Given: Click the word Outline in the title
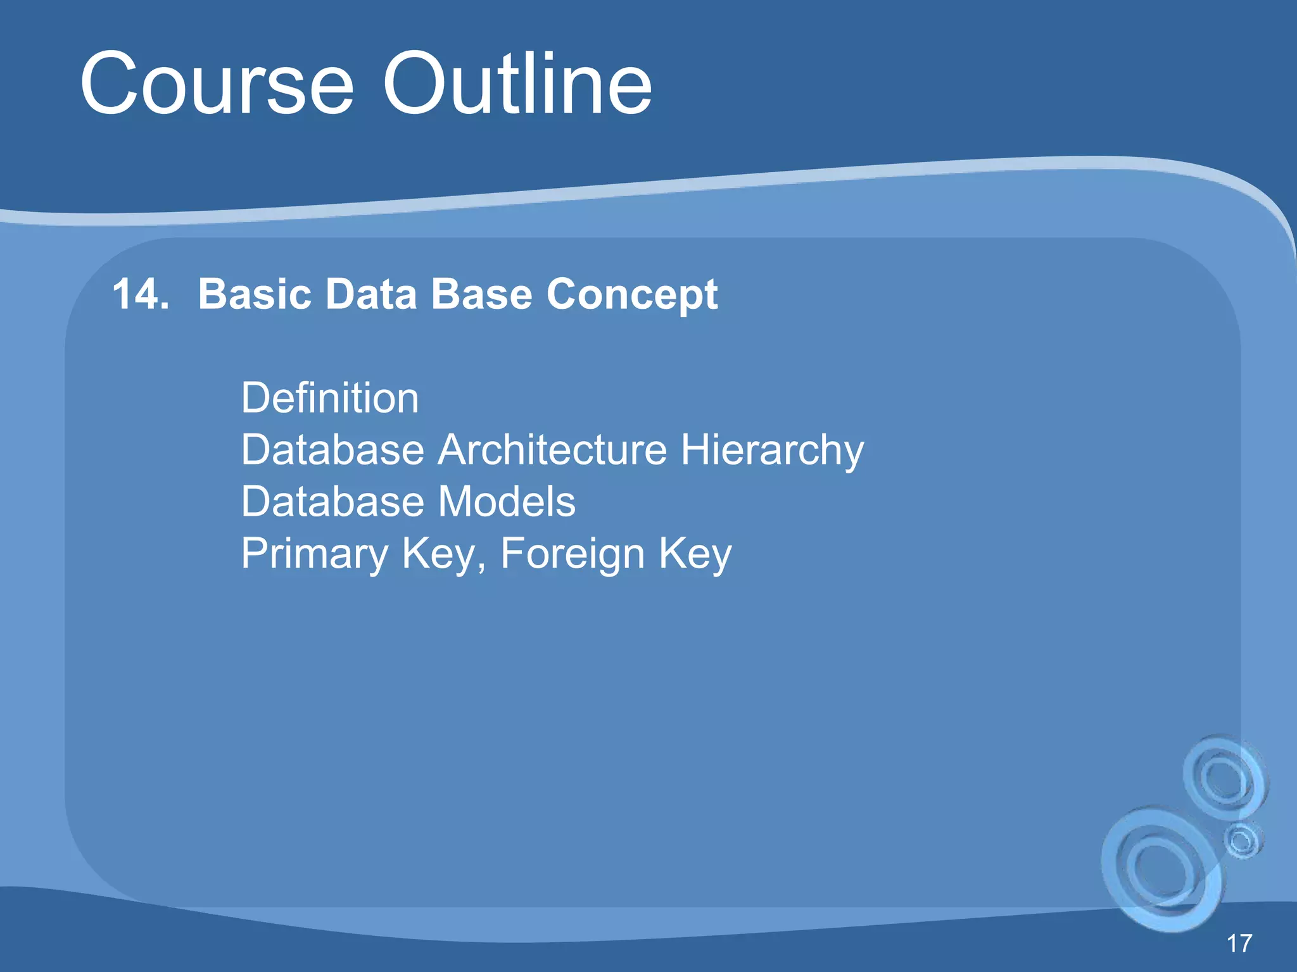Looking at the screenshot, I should pos(517,84).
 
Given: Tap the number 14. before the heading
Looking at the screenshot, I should pos(141,294).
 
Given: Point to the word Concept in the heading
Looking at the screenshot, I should pos(632,296).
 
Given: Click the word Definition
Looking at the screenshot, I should pos(329,398).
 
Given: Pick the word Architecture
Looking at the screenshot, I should pos(552,450).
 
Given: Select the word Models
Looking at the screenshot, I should pos(507,502).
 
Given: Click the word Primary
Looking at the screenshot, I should pos(314,554).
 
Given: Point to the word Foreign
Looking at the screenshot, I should pos(572,554).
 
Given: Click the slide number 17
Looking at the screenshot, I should pos(1239,944).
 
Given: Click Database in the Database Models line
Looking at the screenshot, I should pos(332,502).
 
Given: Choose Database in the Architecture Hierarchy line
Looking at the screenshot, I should pos(332,450).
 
